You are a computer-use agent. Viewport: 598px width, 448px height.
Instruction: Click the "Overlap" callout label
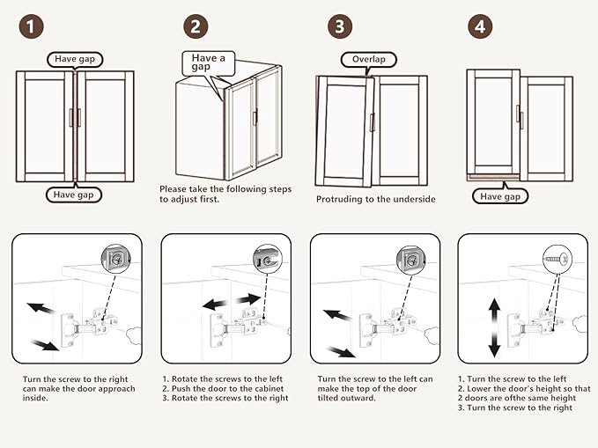tap(369, 60)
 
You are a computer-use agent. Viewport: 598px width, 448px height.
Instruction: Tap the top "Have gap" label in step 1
tap(76, 60)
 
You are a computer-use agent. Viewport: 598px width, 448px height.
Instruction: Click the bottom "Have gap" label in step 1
tap(76, 195)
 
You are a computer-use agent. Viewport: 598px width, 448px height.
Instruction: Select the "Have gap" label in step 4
tap(500, 196)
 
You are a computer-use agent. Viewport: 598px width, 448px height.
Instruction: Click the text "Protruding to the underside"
tap(375, 199)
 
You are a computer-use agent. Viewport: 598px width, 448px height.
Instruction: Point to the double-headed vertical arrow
tap(494, 327)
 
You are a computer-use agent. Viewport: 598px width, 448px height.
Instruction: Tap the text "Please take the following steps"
tap(225, 189)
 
